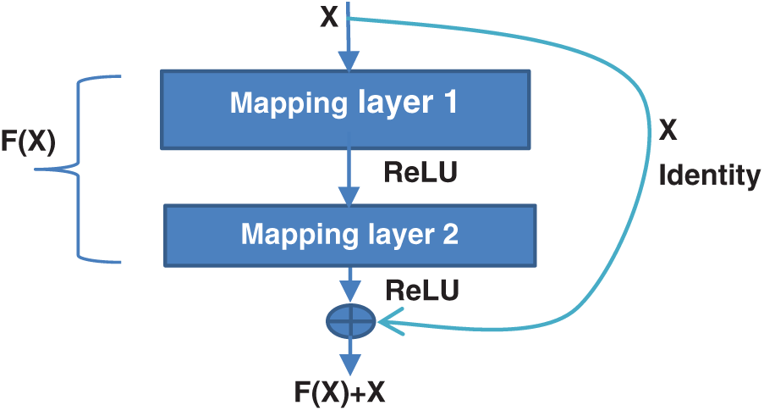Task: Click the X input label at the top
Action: pos(329,18)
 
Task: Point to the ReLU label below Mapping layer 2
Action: pos(422,291)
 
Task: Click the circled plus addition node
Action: pos(350,319)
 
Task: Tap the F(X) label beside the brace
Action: pos(28,143)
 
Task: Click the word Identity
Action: pos(709,175)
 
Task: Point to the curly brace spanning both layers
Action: pos(80,169)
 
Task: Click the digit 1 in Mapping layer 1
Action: pos(448,103)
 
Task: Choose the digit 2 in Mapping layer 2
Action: pos(449,233)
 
